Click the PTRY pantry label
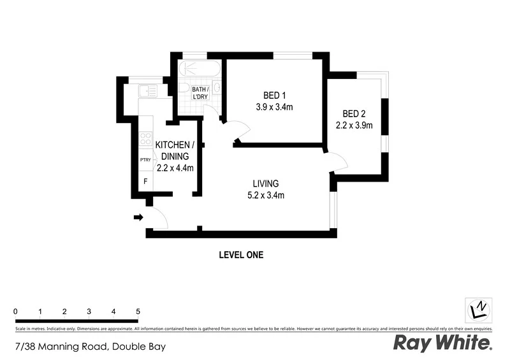click(145, 160)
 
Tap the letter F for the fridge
click(145, 182)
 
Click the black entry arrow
click(137, 218)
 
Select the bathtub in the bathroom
click(200, 69)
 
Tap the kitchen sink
click(148, 91)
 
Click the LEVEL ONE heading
click(241, 255)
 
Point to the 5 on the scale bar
click(138, 311)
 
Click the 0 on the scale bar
click(15, 311)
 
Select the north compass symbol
click(478, 310)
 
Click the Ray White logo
click(442, 344)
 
